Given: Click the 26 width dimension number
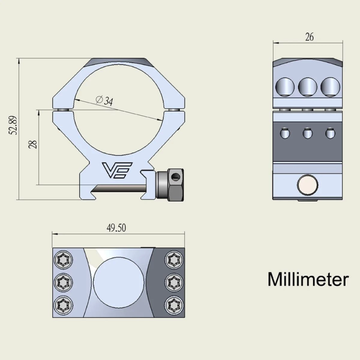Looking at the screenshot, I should (309, 37).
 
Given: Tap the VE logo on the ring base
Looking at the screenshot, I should (118, 169).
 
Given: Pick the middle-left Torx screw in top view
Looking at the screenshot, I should (64, 282).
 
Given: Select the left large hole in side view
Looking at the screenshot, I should (284, 87).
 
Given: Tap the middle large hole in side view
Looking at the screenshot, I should (308, 86).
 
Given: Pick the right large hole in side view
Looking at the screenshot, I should (330, 86).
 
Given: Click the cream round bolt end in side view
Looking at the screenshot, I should (308, 184).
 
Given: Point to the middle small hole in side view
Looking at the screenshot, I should (308, 134).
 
